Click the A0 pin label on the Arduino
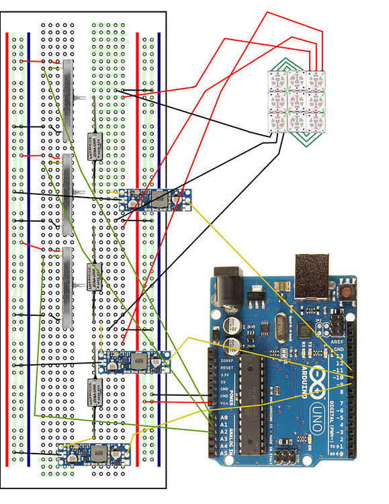tap(224, 417)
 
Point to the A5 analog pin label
tap(224, 454)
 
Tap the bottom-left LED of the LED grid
tap(277, 123)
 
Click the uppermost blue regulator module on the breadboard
tap(155, 200)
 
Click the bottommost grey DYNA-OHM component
tap(95, 392)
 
